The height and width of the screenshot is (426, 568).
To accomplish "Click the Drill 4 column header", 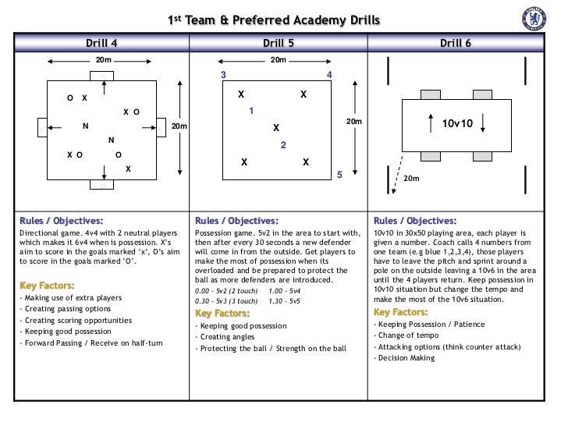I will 101,42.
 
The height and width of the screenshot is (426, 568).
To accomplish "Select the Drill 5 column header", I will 279,42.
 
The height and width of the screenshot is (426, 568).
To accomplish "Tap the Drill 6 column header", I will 456,42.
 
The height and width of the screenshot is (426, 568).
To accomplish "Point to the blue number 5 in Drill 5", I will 339,175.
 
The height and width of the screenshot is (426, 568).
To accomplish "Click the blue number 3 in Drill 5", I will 224,75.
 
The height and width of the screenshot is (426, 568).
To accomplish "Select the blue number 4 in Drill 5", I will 329,75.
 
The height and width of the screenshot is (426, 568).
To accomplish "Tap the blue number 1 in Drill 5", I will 251,112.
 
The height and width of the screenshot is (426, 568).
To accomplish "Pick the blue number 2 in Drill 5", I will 283,145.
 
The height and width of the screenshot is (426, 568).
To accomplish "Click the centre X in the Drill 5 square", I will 275,127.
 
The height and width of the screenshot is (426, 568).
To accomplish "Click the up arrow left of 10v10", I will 430,122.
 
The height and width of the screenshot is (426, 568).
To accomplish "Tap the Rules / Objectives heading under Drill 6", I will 415,221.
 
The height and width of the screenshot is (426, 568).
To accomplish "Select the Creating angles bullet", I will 226,337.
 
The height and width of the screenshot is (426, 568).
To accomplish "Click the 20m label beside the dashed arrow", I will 411,179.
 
